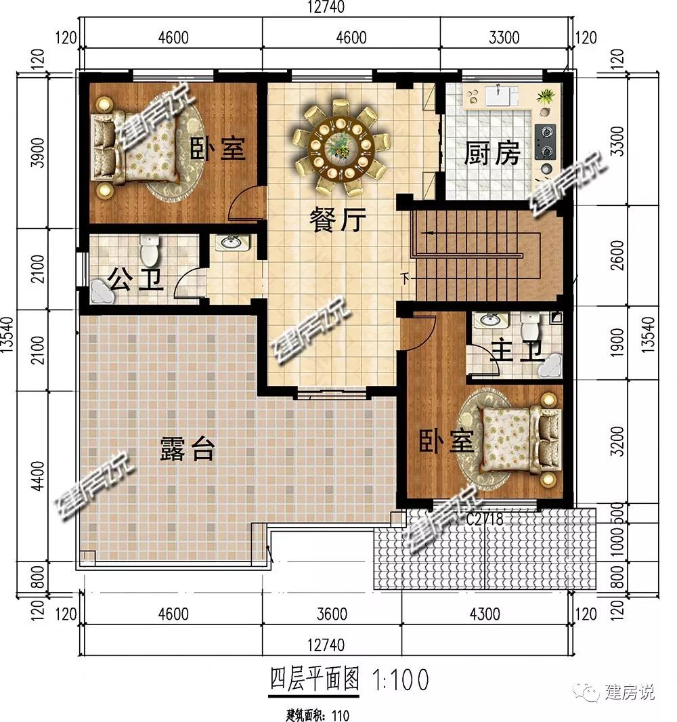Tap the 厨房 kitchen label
coord(492,153)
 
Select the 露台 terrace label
coord(188,449)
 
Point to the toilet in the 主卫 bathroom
coord(529,326)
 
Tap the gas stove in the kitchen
coord(546,142)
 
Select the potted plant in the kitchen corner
coord(546,95)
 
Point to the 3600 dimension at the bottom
coord(332,614)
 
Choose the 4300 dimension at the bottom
coord(485,614)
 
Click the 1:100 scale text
coord(400,679)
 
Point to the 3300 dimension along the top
coord(504,37)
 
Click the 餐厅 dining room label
coord(337,219)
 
